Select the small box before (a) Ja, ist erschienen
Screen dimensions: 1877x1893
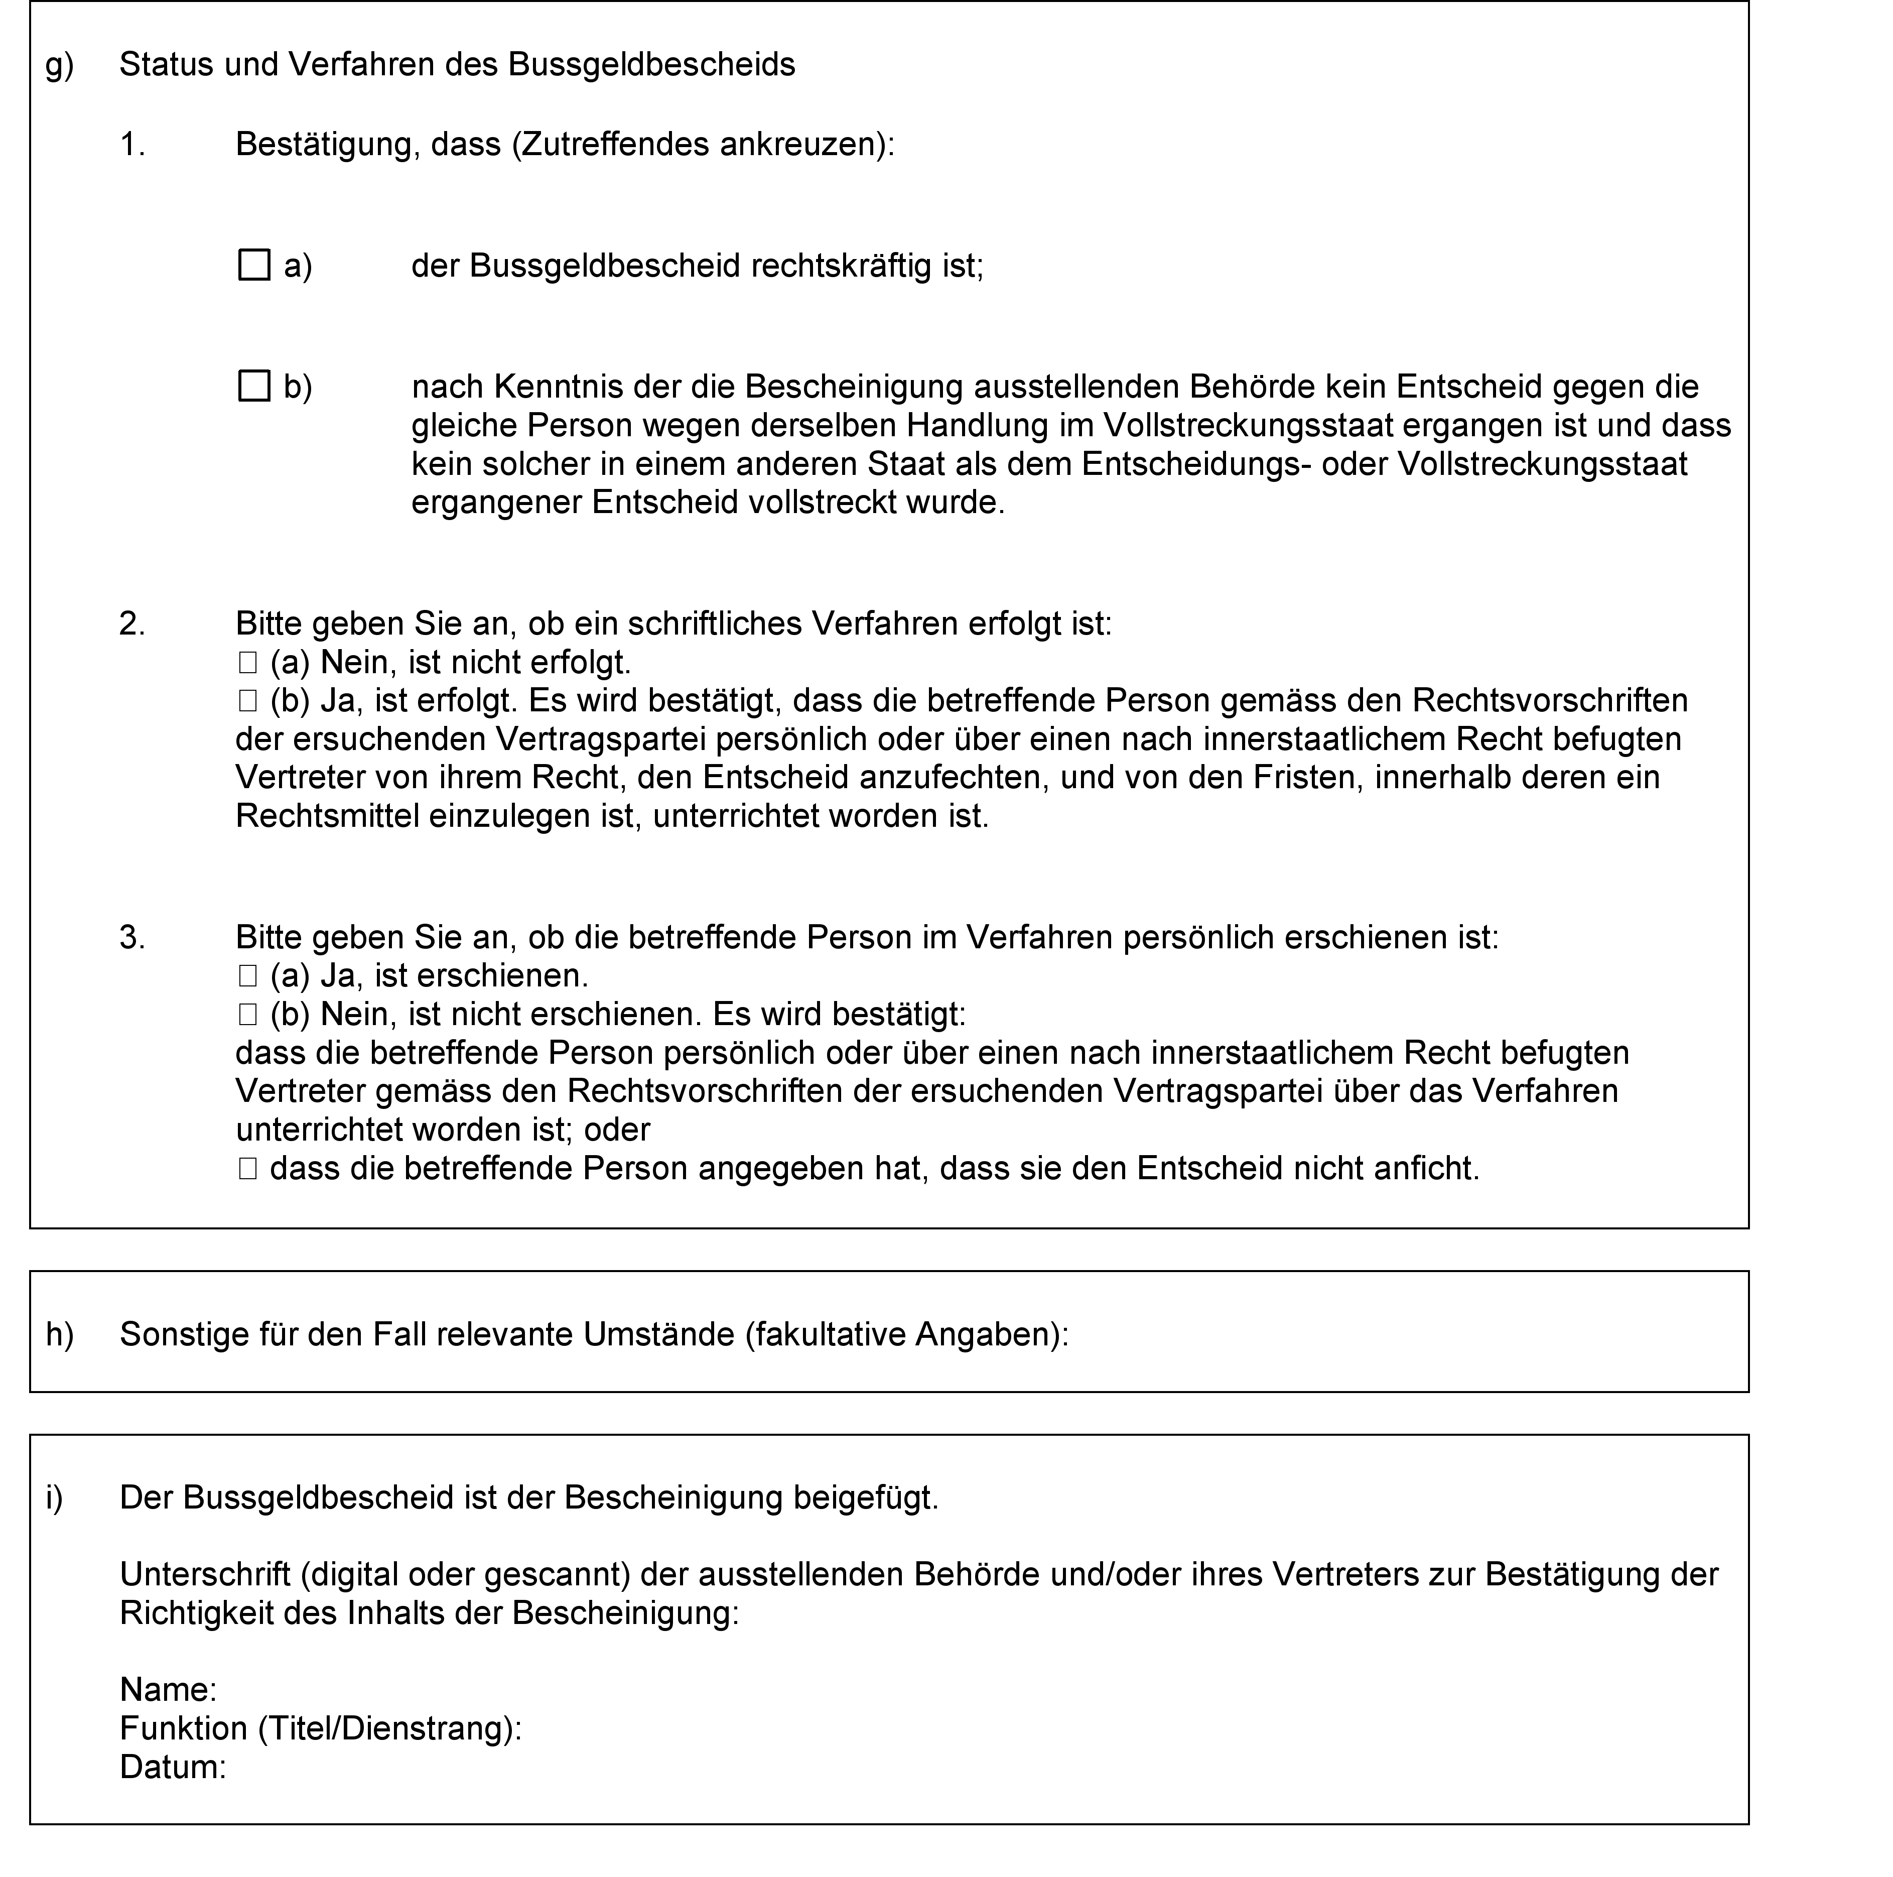click(x=247, y=976)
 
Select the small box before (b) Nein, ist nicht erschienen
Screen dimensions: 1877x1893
click(x=247, y=1015)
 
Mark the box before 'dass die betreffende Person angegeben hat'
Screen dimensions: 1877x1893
click(x=247, y=1168)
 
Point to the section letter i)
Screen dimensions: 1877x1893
click(x=54, y=1497)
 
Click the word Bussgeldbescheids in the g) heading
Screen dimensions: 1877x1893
click(x=651, y=65)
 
